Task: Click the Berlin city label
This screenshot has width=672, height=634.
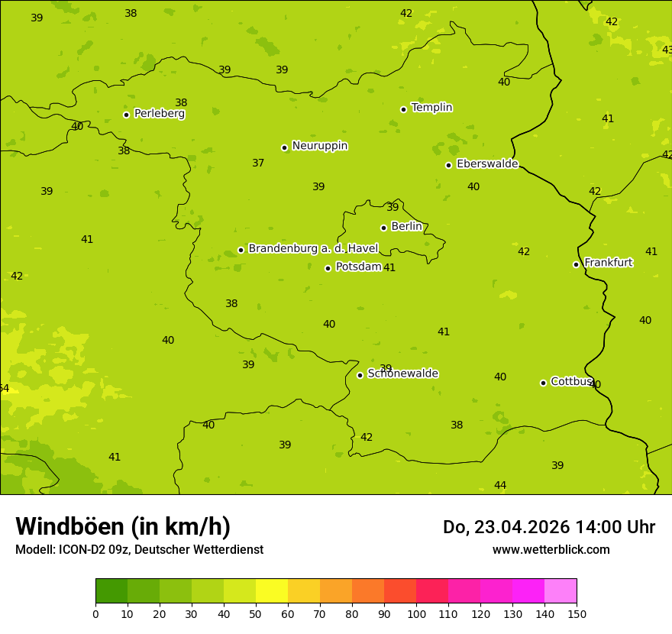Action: [406, 227]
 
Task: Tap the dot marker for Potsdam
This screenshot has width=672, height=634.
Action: [328, 268]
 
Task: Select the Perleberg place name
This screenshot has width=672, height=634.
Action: [159, 114]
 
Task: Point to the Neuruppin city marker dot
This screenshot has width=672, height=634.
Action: [284, 147]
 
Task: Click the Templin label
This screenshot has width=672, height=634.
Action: [431, 108]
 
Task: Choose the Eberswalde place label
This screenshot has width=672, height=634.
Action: [487, 164]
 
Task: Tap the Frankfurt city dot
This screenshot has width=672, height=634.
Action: [576, 264]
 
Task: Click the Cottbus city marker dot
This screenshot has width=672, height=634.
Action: [543, 383]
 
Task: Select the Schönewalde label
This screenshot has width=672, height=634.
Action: [402, 374]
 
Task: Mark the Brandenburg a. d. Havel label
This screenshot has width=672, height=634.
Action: [313, 249]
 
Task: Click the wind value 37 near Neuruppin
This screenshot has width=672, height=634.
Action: [258, 163]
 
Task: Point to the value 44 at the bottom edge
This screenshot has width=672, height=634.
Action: [500, 486]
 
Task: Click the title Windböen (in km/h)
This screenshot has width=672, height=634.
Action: [123, 526]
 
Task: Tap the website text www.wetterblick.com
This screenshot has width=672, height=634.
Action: [551, 550]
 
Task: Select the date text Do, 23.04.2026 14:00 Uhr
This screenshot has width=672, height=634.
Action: [548, 527]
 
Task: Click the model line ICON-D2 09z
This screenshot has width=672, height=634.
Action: [139, 550]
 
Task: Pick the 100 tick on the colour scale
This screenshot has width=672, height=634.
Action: [416, 613]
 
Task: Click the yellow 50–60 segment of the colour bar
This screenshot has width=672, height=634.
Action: [272, 591]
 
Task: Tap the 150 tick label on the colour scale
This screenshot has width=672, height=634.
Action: [577, 613]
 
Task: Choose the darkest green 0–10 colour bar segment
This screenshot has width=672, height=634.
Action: [111, 591]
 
